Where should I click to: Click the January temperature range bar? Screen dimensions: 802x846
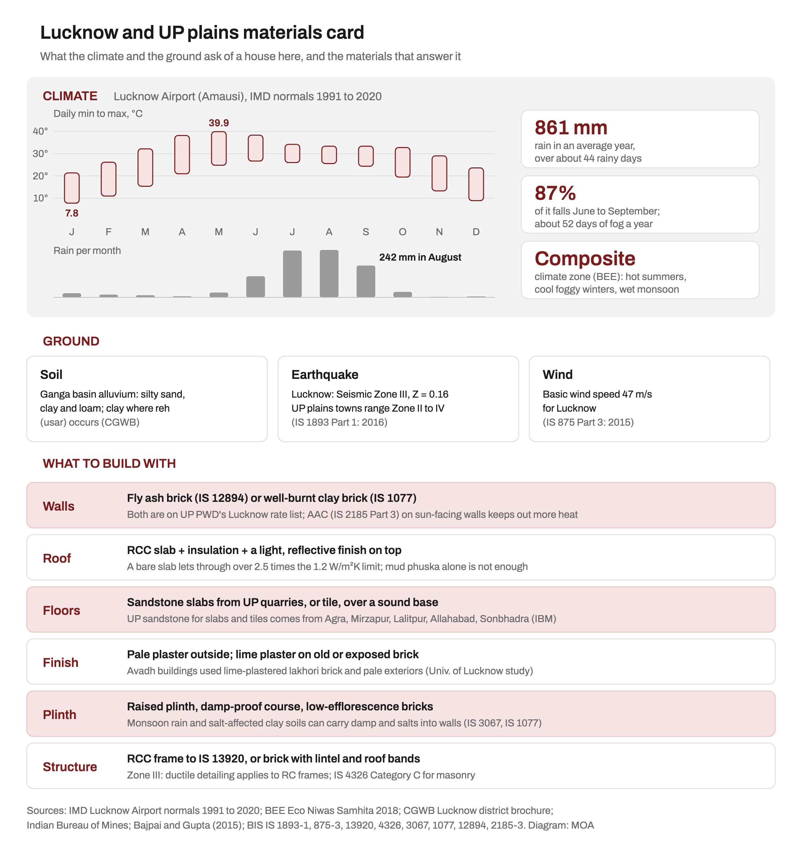72,188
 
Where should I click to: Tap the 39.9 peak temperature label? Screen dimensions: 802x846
219,123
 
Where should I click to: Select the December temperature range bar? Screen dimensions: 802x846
476,184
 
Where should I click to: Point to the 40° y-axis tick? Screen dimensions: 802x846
40,131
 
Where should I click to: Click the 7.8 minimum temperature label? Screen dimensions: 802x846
72,213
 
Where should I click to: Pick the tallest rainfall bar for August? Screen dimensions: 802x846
329,274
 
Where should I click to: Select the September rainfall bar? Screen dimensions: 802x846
366,281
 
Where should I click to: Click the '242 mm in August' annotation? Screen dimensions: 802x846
420,257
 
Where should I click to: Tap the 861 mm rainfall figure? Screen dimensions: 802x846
571,128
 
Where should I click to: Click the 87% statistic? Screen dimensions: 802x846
555,193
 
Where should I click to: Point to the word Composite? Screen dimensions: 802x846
585,259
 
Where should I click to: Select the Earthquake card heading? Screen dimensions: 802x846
325,375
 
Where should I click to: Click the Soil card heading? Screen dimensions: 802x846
51,375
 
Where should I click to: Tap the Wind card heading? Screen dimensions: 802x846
557,375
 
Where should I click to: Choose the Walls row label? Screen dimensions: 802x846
58,506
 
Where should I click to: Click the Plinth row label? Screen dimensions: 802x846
59,715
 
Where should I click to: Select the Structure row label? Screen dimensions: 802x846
70,767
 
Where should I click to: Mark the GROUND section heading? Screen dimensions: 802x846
71,341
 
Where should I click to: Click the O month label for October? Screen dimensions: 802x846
402,232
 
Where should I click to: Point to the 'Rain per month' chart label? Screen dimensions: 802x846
87,251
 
